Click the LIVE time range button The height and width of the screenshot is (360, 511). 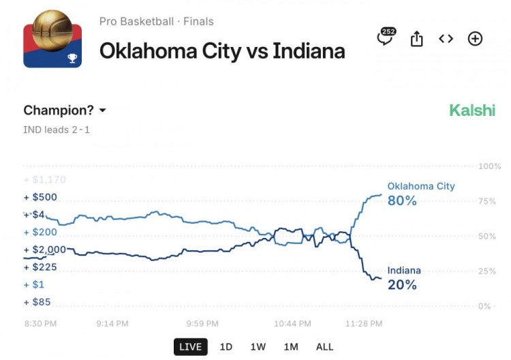(x=190, y=346)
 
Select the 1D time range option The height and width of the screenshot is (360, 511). (x=226, y=346)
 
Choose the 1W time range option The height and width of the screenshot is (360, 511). (x=258, y=346)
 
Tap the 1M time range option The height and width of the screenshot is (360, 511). (x=291, y=346)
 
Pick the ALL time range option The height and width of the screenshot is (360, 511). (x=325, y=346)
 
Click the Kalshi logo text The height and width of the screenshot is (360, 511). (x=472, y=110)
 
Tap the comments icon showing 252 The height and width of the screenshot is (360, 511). (x=386, y=38)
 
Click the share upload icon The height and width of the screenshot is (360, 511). (x=416, y=39)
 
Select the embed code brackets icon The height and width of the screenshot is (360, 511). (x=446, y=39)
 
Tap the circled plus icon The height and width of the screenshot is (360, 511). (x=475, y=39)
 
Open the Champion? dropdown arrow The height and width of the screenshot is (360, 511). (x=103, y=110)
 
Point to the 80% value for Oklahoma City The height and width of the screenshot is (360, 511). (x=402, y=200)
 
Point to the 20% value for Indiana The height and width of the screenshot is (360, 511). (x=402, y=284)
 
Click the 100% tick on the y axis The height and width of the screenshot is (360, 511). (x=490, y=166)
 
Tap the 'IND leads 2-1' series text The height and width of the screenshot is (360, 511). (x=57, y=130)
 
